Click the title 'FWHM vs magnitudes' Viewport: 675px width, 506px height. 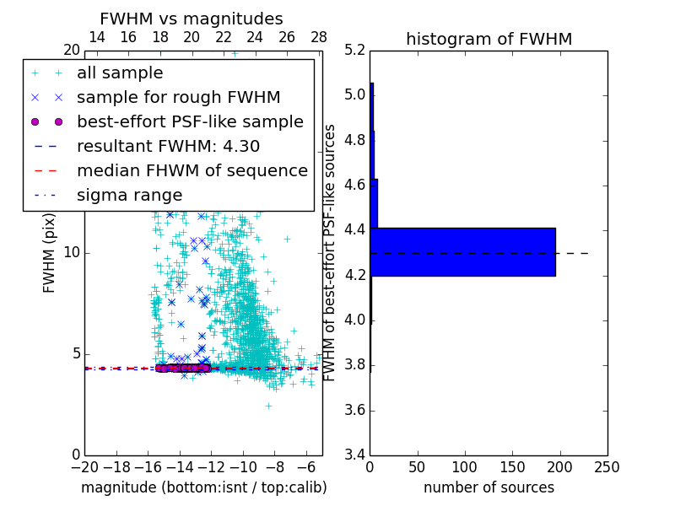192,19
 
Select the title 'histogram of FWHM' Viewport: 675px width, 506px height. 489,39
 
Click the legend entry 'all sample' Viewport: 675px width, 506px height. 120,73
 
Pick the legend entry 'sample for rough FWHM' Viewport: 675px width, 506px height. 179,97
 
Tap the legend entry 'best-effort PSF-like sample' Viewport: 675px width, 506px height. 190,121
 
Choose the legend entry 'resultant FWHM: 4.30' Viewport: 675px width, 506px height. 168,146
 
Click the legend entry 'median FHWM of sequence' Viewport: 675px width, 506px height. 192,170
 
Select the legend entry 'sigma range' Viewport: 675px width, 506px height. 129,195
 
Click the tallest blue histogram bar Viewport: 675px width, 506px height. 462,251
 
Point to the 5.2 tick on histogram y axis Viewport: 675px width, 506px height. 356,50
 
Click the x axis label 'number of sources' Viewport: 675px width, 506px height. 489,487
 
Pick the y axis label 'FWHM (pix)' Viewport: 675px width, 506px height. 50,252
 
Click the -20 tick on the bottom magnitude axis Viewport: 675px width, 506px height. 84,467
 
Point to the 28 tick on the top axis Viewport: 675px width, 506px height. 319,37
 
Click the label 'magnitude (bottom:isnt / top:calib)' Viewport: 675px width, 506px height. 203,487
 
